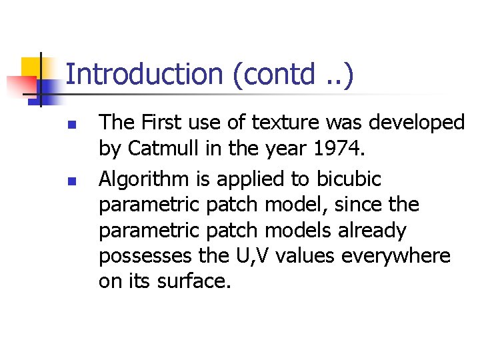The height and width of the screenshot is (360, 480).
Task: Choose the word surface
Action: (194, 281)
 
